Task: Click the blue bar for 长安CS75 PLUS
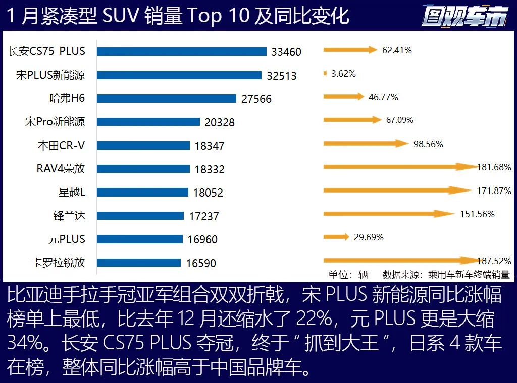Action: (x=182, y=51)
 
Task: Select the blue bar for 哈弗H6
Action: (x=167, y=98)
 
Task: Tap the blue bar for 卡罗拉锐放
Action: (x=139, y=263)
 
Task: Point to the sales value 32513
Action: (x=282, y=76)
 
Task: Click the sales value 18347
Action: (x=210, y=146)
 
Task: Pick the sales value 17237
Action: (x=203, y=216)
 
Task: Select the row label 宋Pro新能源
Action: (x=55, y=121)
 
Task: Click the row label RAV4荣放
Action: (x=61, y=168)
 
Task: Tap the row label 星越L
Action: (x=72, y=192)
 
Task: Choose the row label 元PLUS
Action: (x=67, y=239)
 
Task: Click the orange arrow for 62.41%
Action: (x=350, y=50)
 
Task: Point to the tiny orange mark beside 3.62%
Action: (x=325, y=74)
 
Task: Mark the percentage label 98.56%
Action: (x=428, y=144)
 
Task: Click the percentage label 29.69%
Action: (x=369, y=237)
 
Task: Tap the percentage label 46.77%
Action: (x=383, y=97)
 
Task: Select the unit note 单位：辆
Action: (x=348, y=275)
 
